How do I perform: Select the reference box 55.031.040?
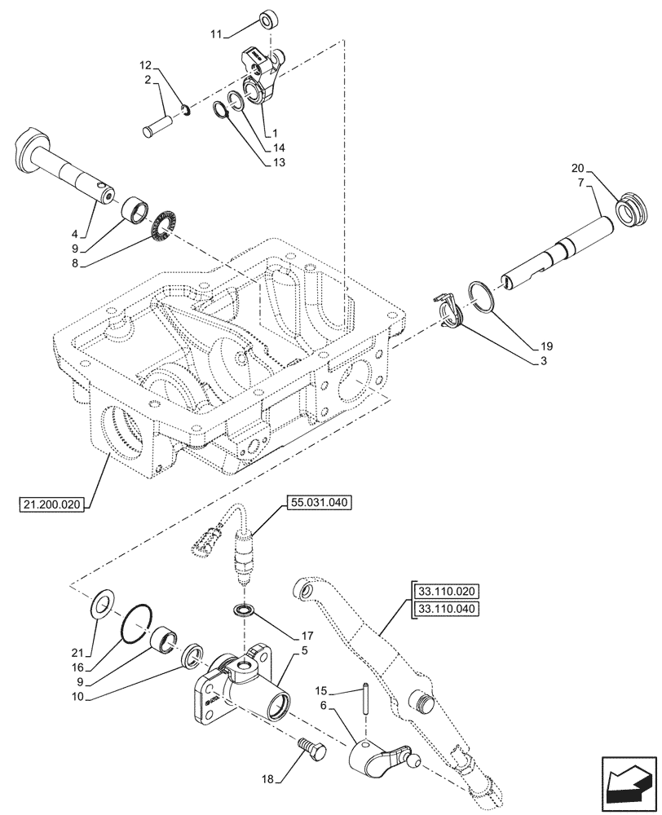(x=317, y=504)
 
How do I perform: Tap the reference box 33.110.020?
(x=448, y=592)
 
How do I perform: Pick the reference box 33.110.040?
(x=448, y=608)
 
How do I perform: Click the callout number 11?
(x=215, y=34)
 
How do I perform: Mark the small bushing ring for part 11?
(x=267, y=20)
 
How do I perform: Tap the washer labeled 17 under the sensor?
(x=243, y=610)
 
